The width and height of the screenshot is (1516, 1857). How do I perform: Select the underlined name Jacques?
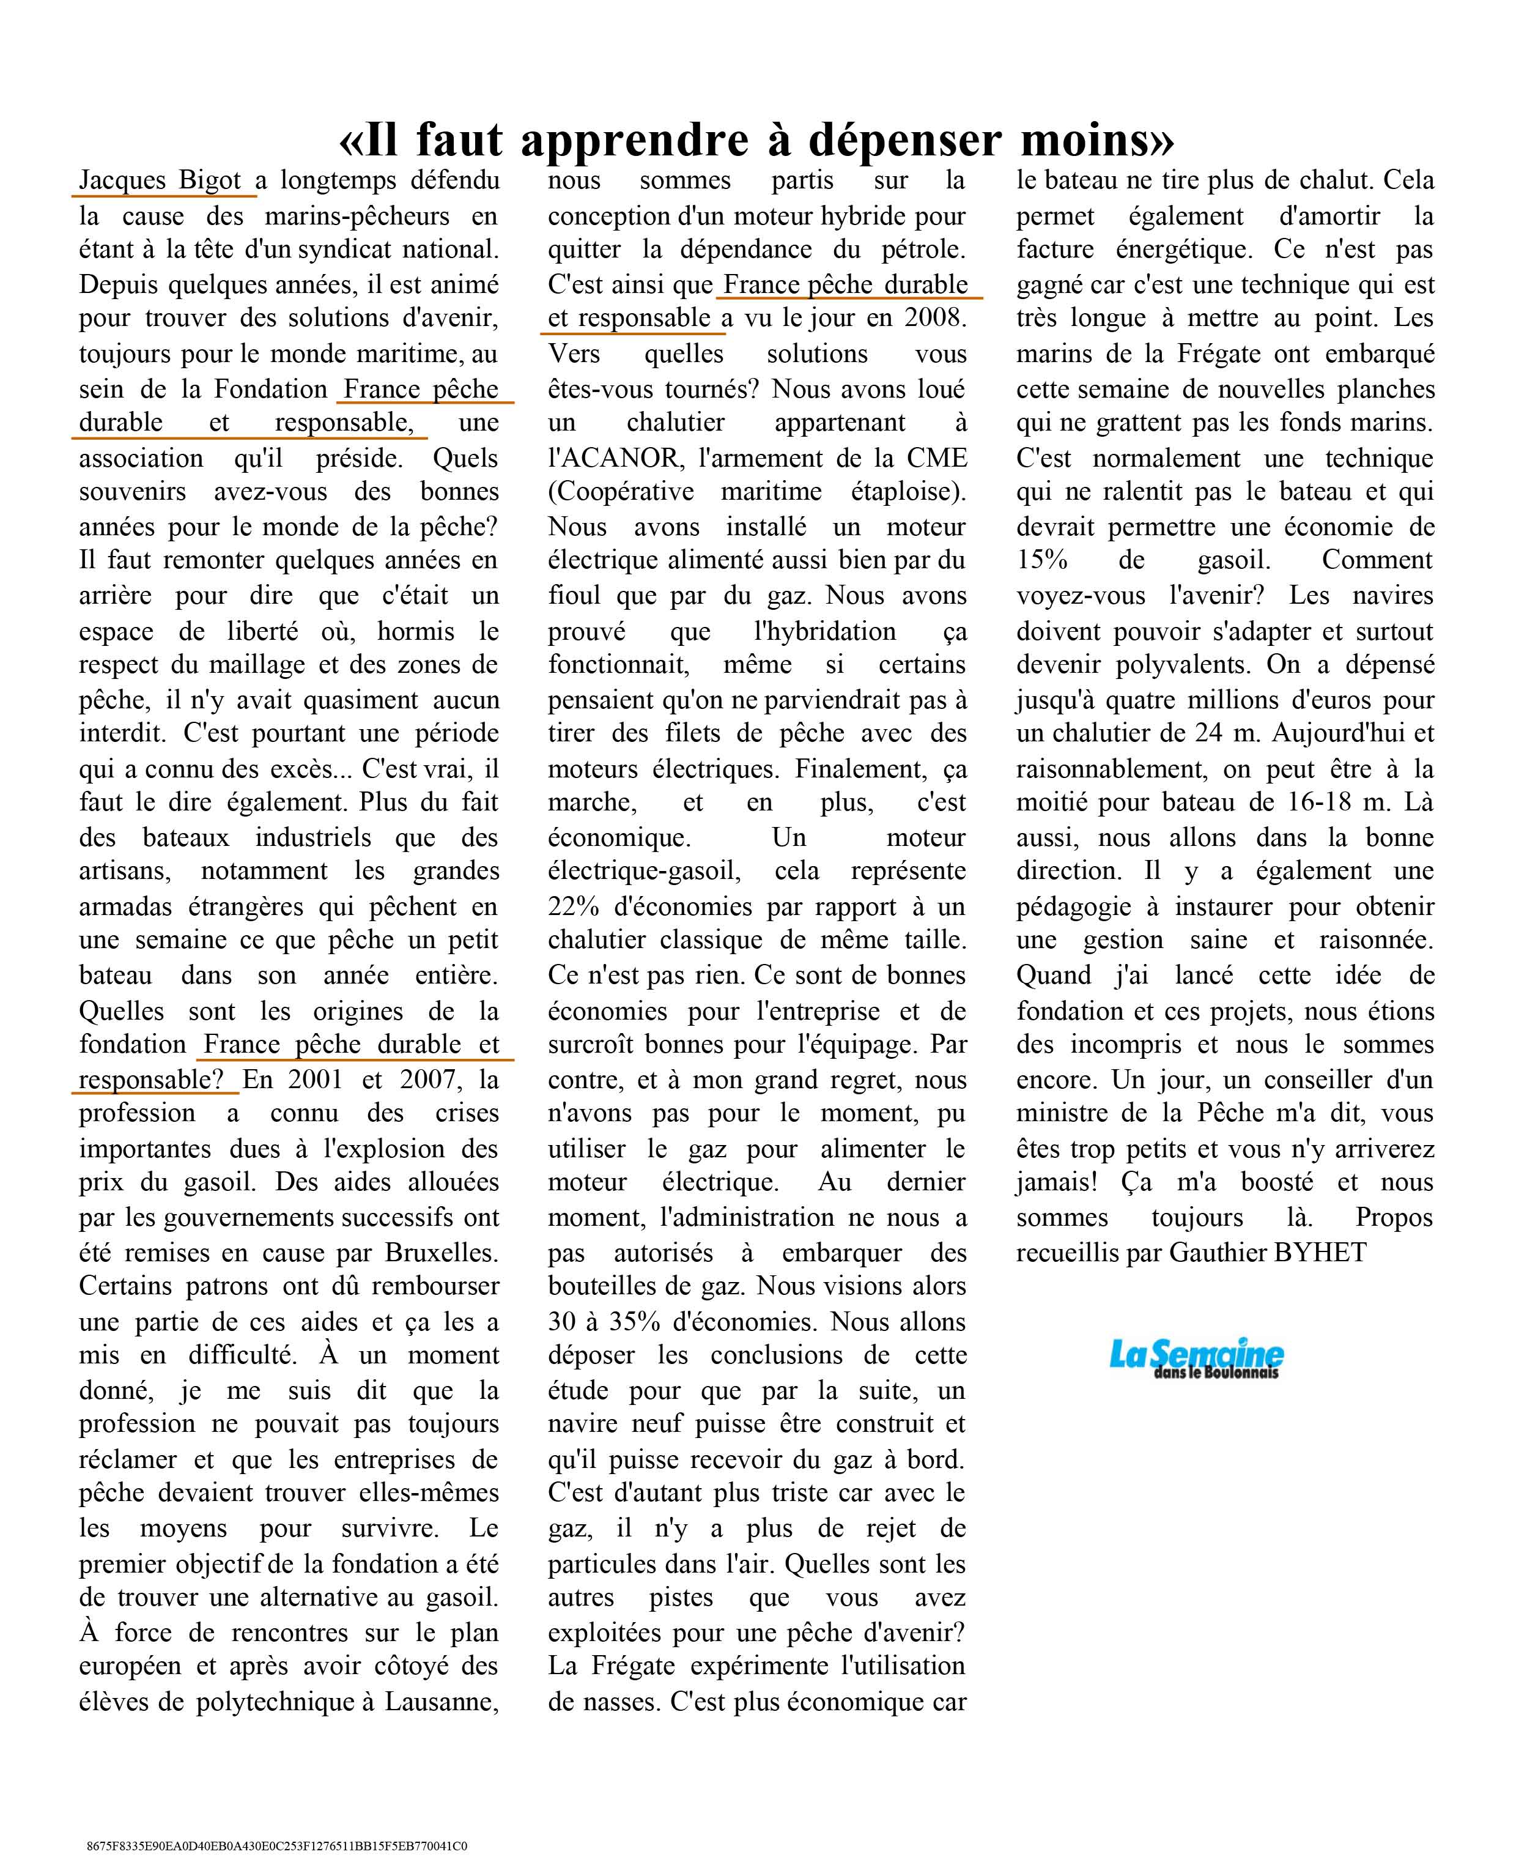[122, 181]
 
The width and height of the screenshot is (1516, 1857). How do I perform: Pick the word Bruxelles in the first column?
[440, 1253]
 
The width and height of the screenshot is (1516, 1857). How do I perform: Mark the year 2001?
[316, 1080]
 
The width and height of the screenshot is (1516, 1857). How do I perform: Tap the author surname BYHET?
[1320, 1253]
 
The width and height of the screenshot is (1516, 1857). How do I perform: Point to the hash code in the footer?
[277, 1845]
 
